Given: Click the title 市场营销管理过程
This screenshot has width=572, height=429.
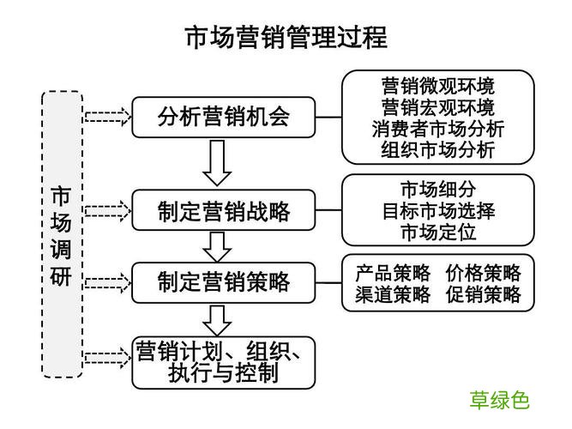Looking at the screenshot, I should pos(286,37).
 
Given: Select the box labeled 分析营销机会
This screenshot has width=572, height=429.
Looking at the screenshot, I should pos(223,117).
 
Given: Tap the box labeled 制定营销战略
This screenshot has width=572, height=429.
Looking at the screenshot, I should pos(223,210).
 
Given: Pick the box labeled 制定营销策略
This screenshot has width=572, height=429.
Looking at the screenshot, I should pos(223,281).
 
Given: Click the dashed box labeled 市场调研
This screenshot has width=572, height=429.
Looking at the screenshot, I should pos(62,234).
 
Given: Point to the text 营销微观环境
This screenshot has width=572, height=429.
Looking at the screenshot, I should pos(437,86).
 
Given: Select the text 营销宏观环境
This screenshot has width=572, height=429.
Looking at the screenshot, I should pos(437,107).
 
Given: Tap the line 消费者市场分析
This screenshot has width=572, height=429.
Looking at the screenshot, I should pos(437,129).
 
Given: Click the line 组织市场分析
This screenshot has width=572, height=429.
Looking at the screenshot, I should pos(437,150).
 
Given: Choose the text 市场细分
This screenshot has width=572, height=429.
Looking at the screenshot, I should pos(437,189).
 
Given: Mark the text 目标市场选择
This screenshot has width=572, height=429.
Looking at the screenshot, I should pos(437,210).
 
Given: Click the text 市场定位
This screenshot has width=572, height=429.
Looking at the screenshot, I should pos(437,232).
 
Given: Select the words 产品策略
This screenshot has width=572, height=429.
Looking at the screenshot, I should pos(393,274).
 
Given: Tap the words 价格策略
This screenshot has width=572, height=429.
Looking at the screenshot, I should pos(483,274).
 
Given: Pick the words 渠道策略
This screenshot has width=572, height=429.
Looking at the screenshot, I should pos(393,295).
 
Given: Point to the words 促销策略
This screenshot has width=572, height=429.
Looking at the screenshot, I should pos(483,295).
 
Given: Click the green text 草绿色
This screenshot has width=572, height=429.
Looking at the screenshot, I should pos(499,400).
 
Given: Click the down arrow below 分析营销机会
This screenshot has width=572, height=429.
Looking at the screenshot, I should pos(218,162).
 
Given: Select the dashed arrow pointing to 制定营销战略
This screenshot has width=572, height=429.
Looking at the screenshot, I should pos(107,210).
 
